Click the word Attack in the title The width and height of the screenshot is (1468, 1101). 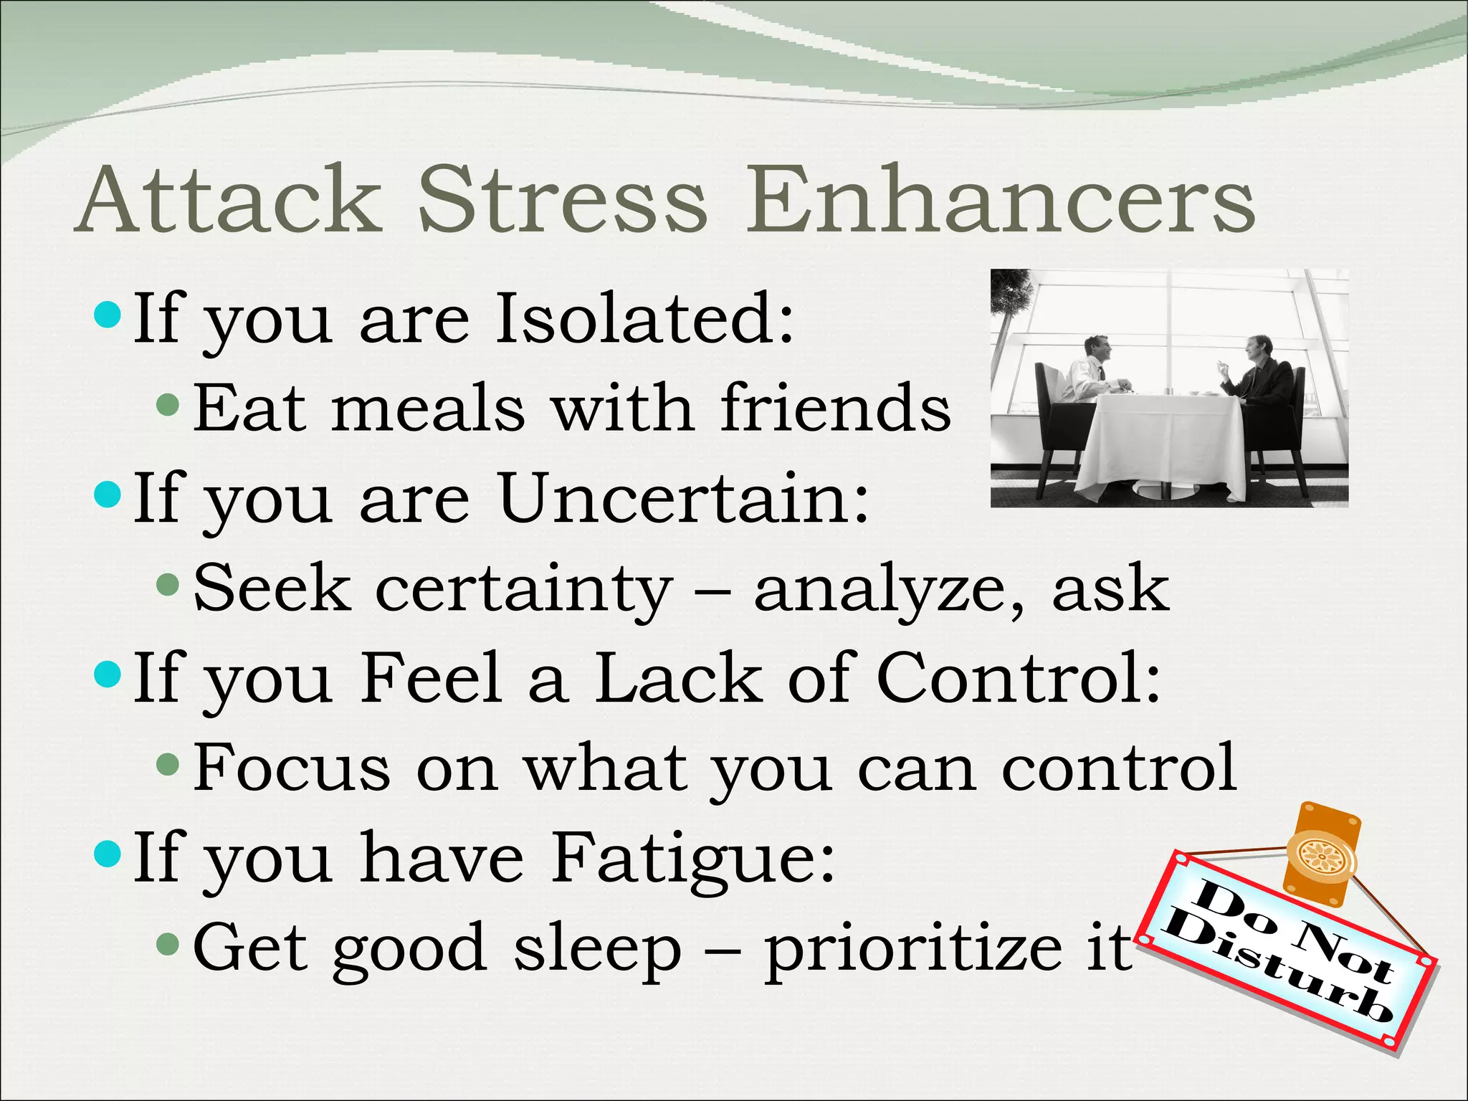(228, 200)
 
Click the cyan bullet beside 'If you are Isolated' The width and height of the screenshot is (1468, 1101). (108, 314)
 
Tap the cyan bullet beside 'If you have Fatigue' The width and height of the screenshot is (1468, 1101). (108, 853)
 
